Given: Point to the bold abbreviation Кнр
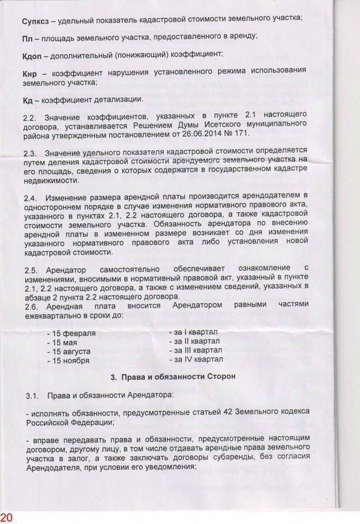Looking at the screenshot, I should (31, 73).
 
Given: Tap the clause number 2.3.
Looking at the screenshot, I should (31, 152).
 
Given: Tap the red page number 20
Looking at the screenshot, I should (7, 516).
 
